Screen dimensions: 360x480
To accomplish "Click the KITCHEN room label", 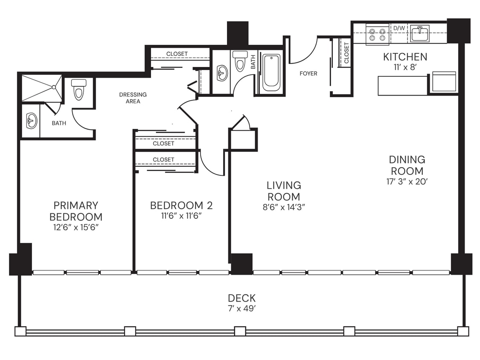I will (405, 57).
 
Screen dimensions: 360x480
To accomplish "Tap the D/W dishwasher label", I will (399, 28).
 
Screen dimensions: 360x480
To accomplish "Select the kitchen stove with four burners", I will (378, 34).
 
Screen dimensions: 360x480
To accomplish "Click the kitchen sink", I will (420, 33).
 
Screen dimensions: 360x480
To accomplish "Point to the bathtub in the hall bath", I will (271, 72).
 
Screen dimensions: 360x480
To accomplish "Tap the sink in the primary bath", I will (32, 121).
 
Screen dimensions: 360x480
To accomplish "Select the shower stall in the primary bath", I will (42, 88).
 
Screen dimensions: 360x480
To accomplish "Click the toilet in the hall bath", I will (241, 61).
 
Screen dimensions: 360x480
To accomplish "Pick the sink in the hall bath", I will (222, 73).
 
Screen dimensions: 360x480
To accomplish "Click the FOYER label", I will (308, 74).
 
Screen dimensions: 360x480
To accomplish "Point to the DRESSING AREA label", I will (133, 98).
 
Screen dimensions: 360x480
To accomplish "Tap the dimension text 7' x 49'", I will (241, 309).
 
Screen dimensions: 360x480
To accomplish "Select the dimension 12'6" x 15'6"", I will (76, 227).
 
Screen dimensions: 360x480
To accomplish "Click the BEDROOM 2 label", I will (181, 206).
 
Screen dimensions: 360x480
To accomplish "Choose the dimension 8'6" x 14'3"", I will (284, 207).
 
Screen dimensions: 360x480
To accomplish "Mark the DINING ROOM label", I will (407, 165).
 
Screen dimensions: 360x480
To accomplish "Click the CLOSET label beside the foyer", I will (346, 52).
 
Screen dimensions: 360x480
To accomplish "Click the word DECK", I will (241, 298).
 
